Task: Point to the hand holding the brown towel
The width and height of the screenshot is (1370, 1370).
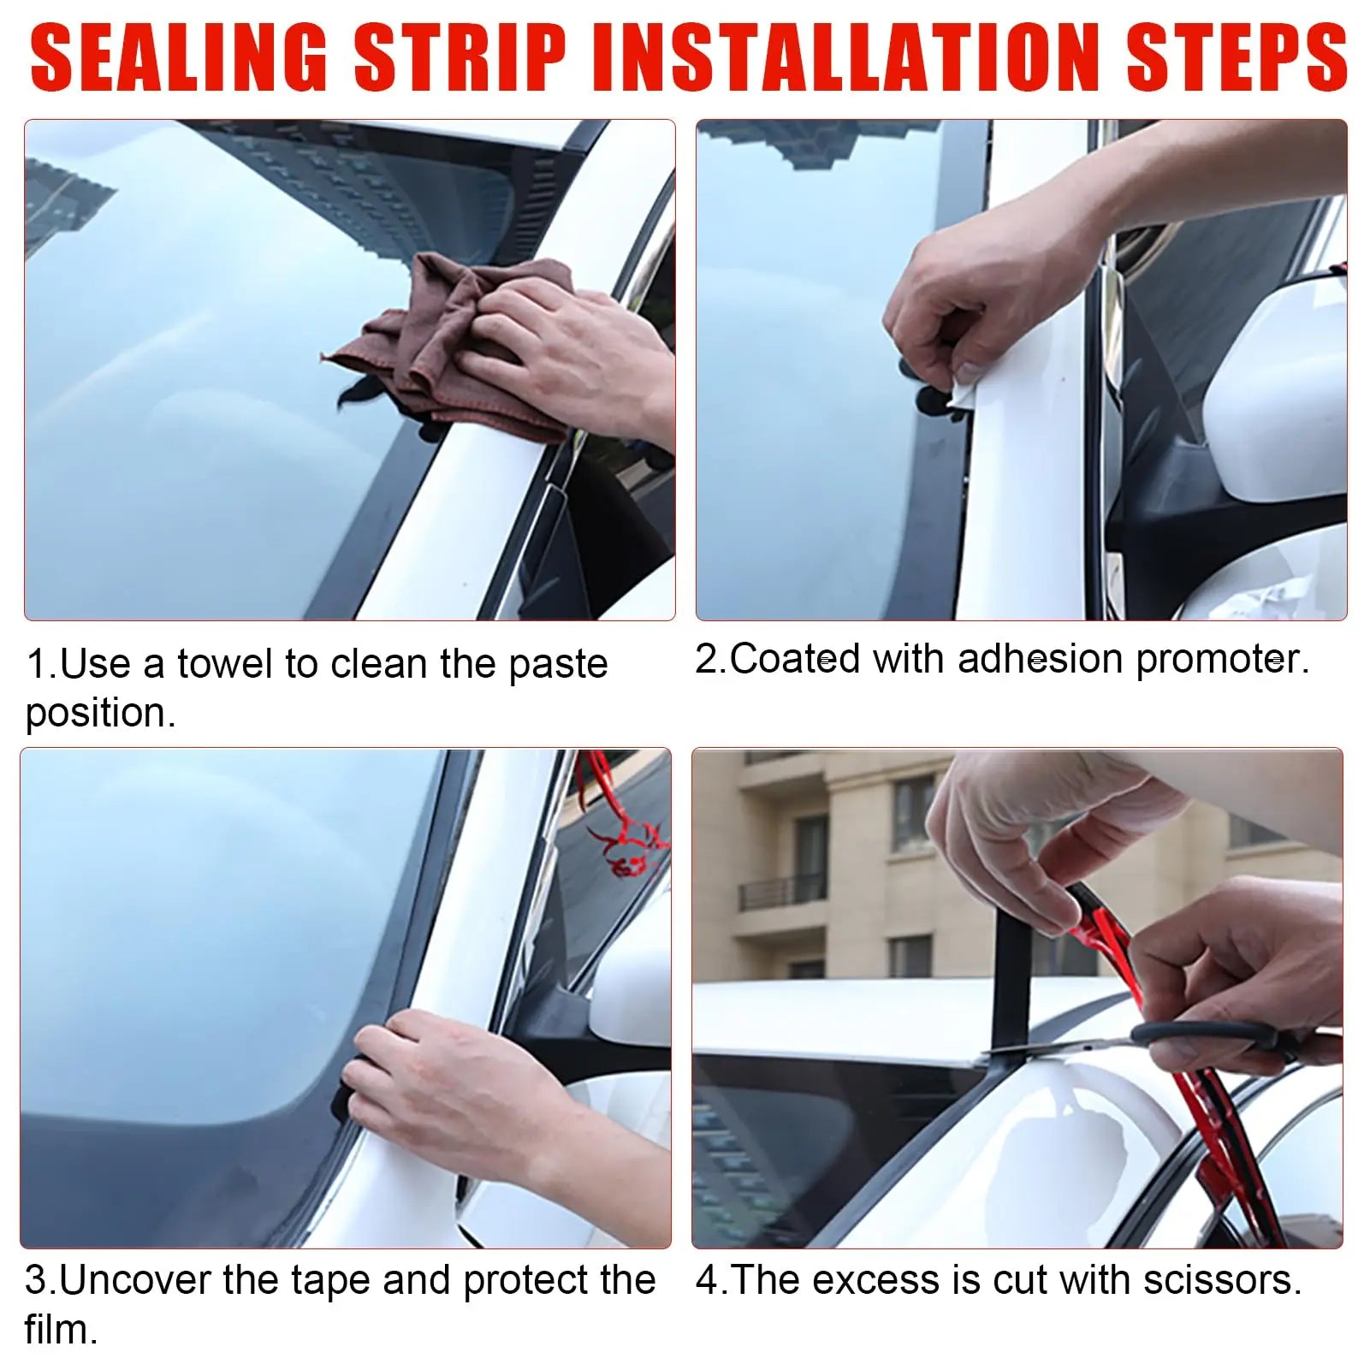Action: point(565,351)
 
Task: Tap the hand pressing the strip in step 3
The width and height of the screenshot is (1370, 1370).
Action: point(445,1078)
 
